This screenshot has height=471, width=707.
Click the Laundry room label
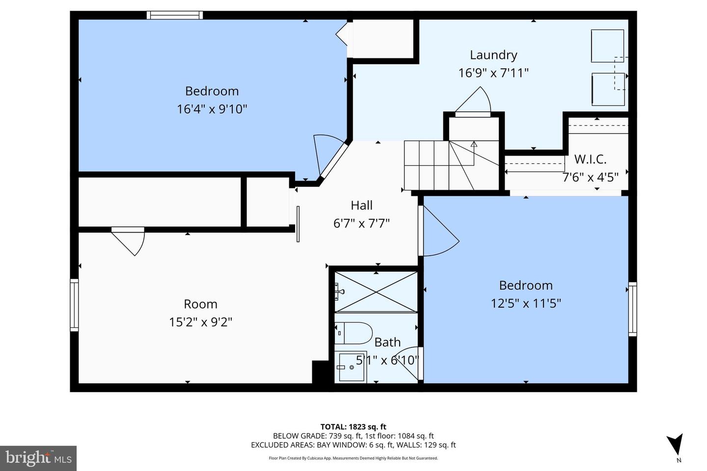coord(493,55)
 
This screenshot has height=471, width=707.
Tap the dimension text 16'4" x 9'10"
coord(212,109)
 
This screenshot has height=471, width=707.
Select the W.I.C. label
coord(590,159)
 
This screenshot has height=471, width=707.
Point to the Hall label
coord(361,205)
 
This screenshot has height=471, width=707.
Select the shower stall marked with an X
coord(376,291)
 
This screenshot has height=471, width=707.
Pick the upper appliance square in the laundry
coord(607,46)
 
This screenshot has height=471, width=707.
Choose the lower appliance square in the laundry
coord(608,89)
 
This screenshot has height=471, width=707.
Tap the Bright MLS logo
coord(38,458)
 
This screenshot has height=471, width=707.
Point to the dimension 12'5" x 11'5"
coord(525,303)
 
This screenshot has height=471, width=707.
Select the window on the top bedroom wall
coord(175,15)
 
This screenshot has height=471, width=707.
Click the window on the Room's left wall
coord(74,305)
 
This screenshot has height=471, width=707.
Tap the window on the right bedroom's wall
coord(632,309)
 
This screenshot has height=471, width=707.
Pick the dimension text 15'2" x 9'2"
coord(200,322)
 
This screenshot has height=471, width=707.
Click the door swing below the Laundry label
coord(474,101)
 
